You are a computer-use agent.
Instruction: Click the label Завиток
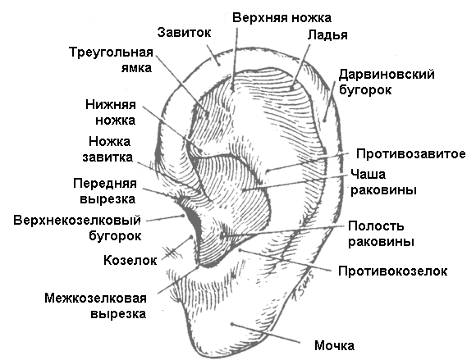184,33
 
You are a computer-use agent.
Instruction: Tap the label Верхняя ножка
281,18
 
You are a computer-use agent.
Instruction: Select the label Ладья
327,35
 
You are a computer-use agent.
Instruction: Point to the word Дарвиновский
387,75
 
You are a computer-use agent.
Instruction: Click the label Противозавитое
410,154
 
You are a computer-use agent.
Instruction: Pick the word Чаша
368,175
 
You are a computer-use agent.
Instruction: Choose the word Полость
376,226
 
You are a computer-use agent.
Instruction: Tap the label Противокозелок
393,271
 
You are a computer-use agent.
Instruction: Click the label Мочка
334,346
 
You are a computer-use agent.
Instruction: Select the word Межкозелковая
96,298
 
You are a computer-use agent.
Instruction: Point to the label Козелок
130,261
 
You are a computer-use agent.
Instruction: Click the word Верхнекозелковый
77,221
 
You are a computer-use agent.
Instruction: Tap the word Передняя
105,184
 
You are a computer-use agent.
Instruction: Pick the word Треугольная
111,52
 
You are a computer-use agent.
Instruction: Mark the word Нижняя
111,105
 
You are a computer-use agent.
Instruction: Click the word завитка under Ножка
108,157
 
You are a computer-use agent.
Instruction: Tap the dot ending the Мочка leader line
232,324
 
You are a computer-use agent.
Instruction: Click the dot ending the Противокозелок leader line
240,250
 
